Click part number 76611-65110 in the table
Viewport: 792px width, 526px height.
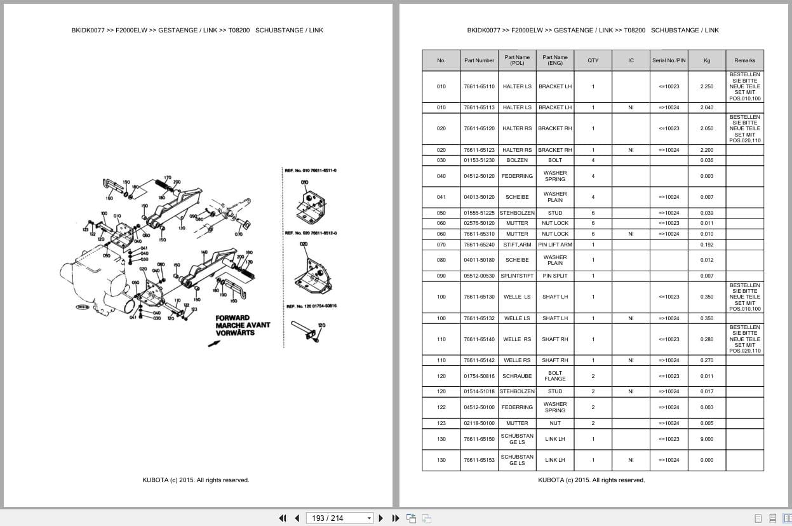(479, 86)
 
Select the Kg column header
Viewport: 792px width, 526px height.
(706, 60)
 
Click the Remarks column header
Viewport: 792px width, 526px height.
(744, 60)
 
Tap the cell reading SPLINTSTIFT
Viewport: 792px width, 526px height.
(517, 276)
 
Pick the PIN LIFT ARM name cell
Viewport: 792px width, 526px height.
(554, 245)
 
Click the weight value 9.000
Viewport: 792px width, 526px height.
(706, 439)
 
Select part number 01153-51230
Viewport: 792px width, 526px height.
(479, 160)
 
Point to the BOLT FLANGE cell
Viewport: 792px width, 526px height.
(554, 376)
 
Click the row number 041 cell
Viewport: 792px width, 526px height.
(441, 197)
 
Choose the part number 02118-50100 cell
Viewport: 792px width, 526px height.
(479, 423)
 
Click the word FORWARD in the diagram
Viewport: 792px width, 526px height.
(232, 318)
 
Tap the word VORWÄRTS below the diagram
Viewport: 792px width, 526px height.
(235, 333)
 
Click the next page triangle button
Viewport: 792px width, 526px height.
(381, 518)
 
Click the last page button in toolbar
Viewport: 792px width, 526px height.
(396, 518)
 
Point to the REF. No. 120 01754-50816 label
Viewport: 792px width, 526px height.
(311, 306)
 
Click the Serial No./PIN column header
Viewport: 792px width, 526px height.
(669, 60)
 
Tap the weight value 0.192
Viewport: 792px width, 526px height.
(706, 245)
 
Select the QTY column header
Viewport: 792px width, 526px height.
(593, 60)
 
